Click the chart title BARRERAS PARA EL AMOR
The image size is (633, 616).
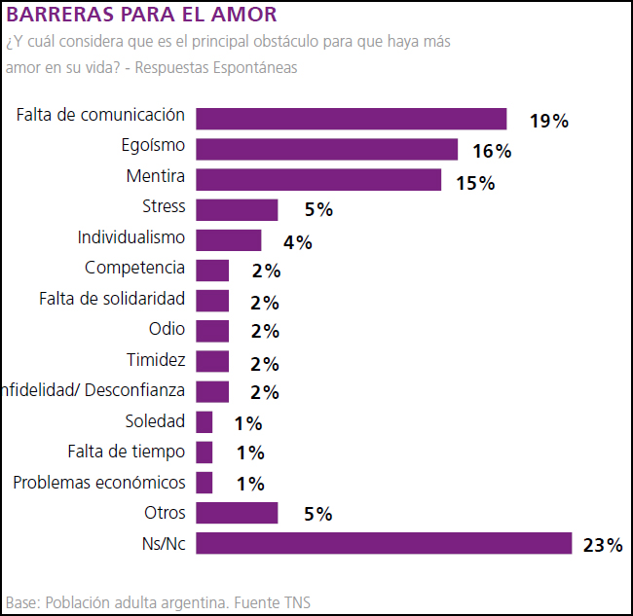point(141,15)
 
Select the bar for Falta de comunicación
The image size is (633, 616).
point(351,119)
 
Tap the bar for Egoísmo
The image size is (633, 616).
point(326,149)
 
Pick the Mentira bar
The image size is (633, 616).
point(318,180)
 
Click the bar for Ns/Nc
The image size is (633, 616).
point(384,543)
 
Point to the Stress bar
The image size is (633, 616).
point(237,210)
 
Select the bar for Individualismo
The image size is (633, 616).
point(229,240)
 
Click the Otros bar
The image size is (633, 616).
point(237,513)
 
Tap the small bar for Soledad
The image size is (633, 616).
point(205,421)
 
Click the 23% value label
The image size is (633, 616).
point(602,545)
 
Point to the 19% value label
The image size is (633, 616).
point(548,122)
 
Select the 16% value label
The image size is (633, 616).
point(492,152)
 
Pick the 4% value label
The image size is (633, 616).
point(297,242)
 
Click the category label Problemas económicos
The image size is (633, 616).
point(99,483)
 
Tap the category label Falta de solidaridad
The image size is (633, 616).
point(112,299)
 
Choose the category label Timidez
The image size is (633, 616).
point(156,360)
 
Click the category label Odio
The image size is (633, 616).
point(167,330)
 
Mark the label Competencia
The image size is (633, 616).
point(134,269)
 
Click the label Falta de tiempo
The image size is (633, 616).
point(126,453)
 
